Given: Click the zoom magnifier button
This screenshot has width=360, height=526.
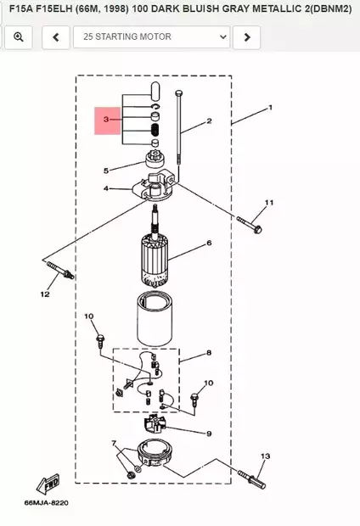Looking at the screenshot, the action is [x=19, y=36].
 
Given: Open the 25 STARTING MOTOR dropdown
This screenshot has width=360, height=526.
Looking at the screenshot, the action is [x=151, y=36].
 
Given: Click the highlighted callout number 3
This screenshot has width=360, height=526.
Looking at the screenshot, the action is [x=106, y=120].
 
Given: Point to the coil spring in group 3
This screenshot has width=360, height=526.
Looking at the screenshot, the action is [x=155, y=128].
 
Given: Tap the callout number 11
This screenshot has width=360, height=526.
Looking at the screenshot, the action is [x=269, y=203].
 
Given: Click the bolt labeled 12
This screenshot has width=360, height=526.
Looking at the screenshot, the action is [x=60, y=271].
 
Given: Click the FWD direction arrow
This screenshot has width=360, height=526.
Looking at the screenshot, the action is [x=48, y=484].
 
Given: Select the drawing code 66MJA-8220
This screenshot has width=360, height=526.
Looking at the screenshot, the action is [x=47, y=503].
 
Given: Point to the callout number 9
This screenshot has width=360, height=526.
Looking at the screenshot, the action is [x=209, y=434].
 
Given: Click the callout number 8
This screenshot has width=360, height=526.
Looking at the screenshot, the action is [x=209, y=353].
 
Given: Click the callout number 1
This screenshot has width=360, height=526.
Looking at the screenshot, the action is [x=270, y=108].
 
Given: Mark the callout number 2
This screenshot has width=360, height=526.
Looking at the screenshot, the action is [x=209, y=120].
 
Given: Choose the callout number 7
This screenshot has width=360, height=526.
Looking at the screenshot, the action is [x=114, y=444].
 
